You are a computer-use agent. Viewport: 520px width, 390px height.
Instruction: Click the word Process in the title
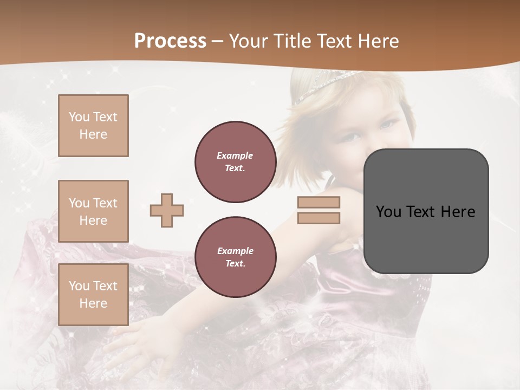[170, 41]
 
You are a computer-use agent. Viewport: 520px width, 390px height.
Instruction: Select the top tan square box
[93, 126]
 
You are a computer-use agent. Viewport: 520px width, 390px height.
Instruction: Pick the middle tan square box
[93, 211]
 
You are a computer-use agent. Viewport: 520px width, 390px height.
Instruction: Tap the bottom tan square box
[93, 295]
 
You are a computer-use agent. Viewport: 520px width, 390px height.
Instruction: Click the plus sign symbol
[167, 210]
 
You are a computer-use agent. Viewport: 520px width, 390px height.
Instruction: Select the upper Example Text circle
[235, 161]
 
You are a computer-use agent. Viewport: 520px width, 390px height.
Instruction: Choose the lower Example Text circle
[235, 257]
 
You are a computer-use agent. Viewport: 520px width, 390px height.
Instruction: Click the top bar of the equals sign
[318, 202]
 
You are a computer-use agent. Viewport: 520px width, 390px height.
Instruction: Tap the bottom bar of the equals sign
[318, 218]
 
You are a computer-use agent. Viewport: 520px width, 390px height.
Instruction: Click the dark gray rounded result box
[426, 238]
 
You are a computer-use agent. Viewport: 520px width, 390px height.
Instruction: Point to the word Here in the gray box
[458, 212]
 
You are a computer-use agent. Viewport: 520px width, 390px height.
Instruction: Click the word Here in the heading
[375, 41]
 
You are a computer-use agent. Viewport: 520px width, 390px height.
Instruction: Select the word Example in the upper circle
[235, 155]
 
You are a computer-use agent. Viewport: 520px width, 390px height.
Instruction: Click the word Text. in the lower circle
[235, 263]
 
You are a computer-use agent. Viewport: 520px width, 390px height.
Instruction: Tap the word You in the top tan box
[79, 117]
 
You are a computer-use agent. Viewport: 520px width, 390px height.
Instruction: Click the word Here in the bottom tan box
[93, 303]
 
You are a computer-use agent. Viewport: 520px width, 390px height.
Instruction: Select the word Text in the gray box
[420, 212]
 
